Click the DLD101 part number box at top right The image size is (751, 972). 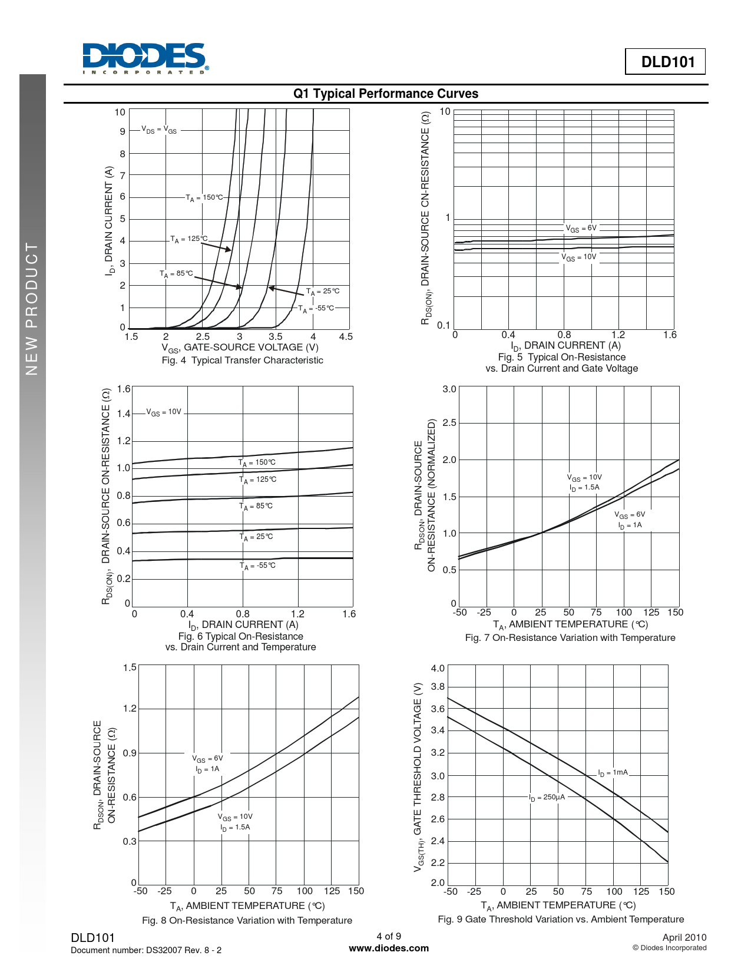pyautogui.click(x=665, y=62)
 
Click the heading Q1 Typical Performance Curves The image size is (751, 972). pyautogui.click(x=386, y=94)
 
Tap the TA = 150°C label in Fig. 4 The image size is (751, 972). pyautogui.click(x=204, y=198)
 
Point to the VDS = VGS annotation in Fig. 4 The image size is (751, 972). pyautogui.click(x=158, y=130)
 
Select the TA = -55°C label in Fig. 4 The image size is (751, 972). pyautogui.click(x=316, y=309)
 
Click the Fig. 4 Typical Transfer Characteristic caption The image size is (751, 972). pyautogui.click(x=242, y=361)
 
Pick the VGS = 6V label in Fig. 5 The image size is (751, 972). pyautogui.click(x=581, y=229)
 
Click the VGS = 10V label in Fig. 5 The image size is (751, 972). pyautogui.click(x=578, y=257)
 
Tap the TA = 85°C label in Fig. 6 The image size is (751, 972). pyautogui.click(x=256, y=507)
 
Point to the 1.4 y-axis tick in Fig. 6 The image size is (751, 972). pyautogui.click(x=124, y=414)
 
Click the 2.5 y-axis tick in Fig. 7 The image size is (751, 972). pyautogui.click(x=449, y=423)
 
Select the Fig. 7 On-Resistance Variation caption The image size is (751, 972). pyautogui.click(x=570, y=638)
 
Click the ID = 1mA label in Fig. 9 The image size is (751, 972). pyautogui.click(x=613, y=773)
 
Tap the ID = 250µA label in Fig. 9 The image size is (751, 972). pyautogui.click(x=547, y=798)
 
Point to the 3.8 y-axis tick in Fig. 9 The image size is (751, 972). pyautogui.click(x=438, y=687)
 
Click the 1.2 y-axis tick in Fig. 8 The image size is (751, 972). pyautogui.click(x=130, y=709)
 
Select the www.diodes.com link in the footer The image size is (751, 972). pyautogui.click(x=389, y=948)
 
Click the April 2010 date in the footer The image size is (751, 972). pyautogui.click(x=684, y=938)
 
